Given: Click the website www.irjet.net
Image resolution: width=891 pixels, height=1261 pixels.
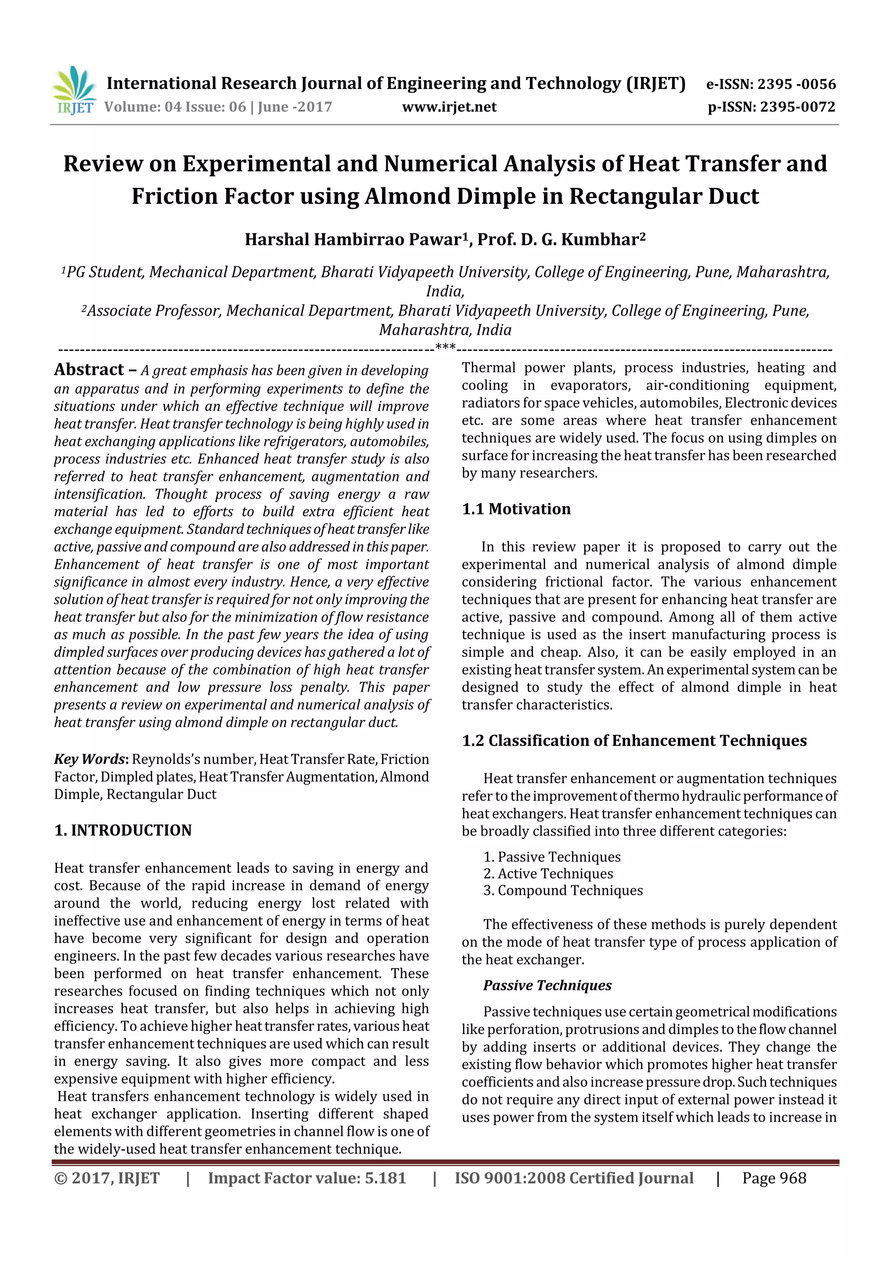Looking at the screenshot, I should (x=449, y=107).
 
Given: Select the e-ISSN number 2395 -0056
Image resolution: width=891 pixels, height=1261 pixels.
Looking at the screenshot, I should (x=796, y=84).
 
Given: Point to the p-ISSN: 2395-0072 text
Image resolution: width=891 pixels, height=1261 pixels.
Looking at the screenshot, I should (x=771, y=107).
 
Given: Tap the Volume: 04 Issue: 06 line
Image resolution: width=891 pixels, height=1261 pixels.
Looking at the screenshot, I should (x=218, y=107).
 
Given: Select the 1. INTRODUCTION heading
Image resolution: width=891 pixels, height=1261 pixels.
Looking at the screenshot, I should (x=123, y=831).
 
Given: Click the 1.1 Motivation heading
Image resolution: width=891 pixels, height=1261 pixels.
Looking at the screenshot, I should (x=516, y=509).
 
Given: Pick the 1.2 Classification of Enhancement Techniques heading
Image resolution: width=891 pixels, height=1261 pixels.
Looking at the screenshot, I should (x=634, y=741).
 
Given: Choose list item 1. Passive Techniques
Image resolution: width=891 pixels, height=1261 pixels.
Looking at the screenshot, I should (x=552, y=857).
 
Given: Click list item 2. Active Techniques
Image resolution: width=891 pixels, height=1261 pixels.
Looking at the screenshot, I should (x=548, y=874).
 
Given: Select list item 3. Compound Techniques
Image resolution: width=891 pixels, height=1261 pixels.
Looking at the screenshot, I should (x=563, y=890).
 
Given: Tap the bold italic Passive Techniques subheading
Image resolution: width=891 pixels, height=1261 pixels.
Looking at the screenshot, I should (x=547, y=985).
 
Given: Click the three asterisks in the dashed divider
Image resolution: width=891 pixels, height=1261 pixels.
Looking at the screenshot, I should (x=445, y=347).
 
